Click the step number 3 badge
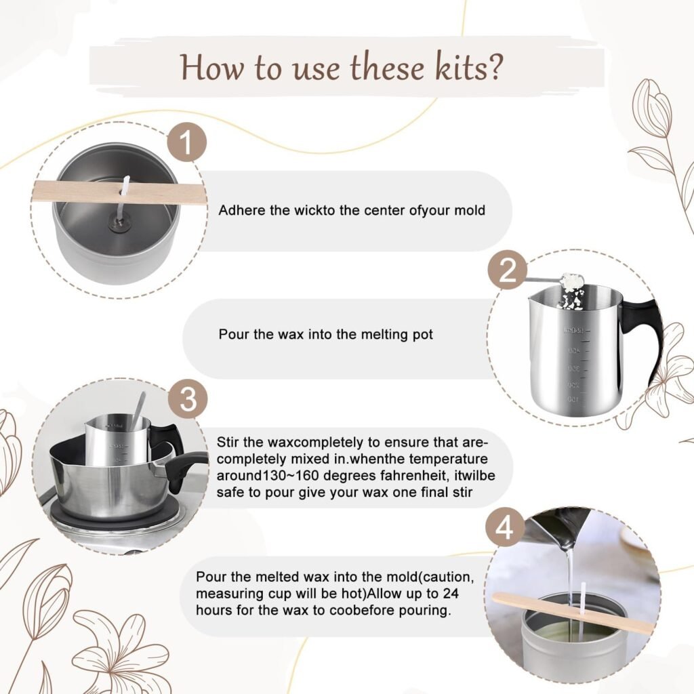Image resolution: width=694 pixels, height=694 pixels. point(188,400)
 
